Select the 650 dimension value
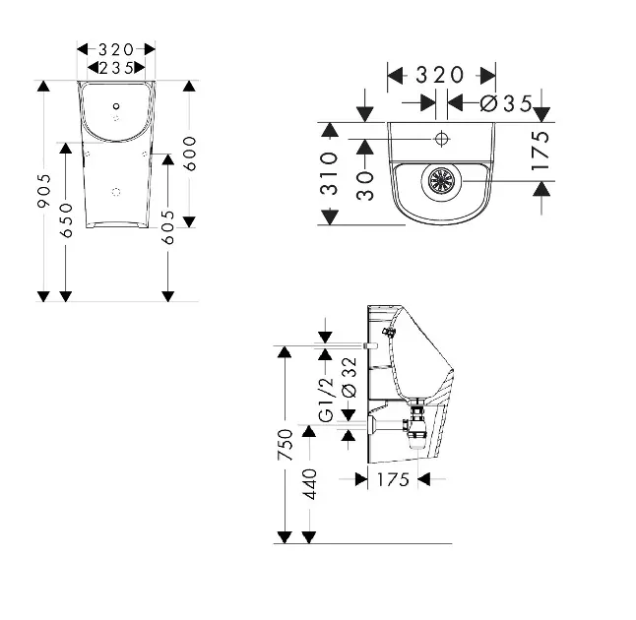(67, 218)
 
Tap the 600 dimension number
(191, 152)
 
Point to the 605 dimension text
(169, 226)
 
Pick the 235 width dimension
(116, 67)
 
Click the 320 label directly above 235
(116, 48)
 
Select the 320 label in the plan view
(440, 74)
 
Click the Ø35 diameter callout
(506, 103)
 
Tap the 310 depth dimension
(330, 173)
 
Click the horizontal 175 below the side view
(393, 479)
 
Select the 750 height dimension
(285, 446)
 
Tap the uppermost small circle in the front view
(116, 105)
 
